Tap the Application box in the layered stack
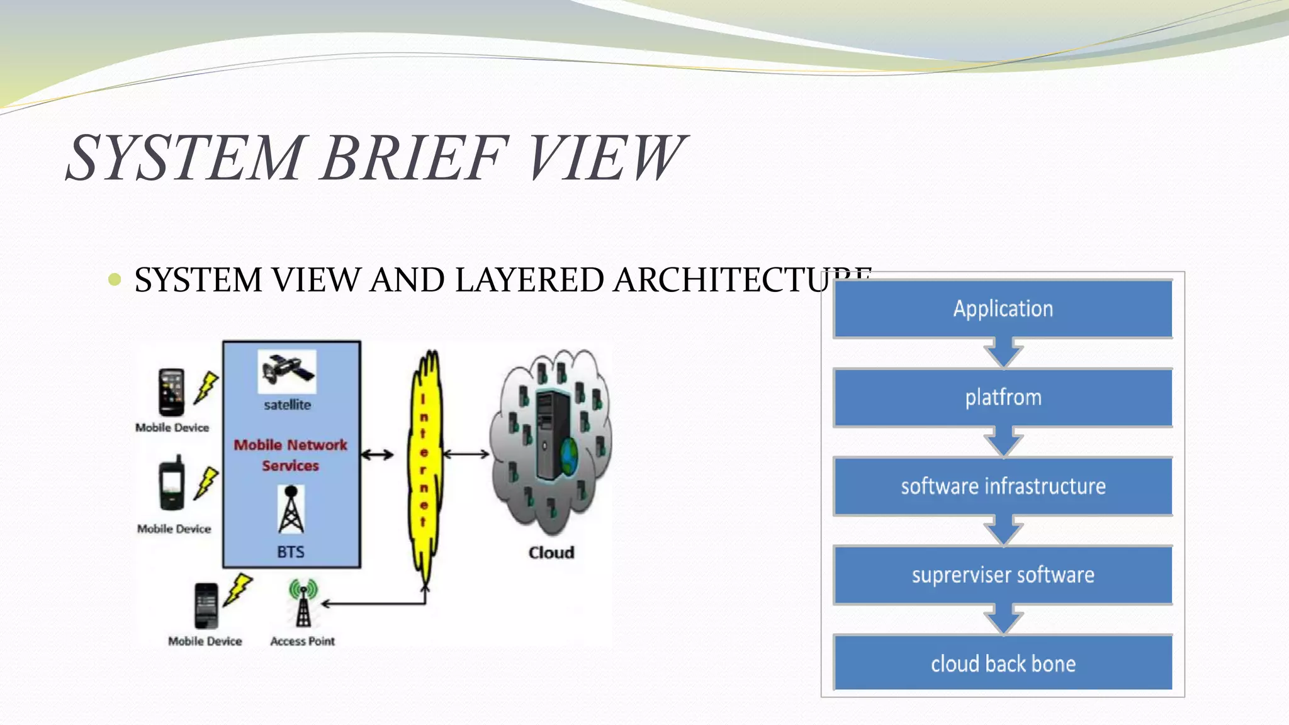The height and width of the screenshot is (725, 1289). click(1003, 309)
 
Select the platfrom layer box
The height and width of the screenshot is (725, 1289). click(1003, 398)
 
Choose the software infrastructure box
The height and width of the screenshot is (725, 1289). click(1003, 486)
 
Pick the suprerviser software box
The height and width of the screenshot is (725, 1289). click(1003, 575)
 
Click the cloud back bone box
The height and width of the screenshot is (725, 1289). click(1003, 664)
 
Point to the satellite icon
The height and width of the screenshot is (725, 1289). click(287, 370)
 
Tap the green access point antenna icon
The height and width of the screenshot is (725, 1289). click(303, 603)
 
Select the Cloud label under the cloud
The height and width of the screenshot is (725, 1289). click(551, 553)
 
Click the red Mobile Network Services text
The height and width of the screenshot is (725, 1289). click(290, 455)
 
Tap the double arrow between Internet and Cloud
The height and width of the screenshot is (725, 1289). click(466, 454)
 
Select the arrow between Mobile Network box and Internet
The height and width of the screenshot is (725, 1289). click(377, 454)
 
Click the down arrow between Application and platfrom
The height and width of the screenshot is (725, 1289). click(1003, 353)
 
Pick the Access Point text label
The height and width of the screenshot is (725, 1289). click(302, 641)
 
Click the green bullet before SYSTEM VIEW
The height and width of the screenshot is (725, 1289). click(115, 279)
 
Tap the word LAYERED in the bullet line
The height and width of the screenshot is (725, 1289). click(529, 280)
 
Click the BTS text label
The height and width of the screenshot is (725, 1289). click(291, 552)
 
